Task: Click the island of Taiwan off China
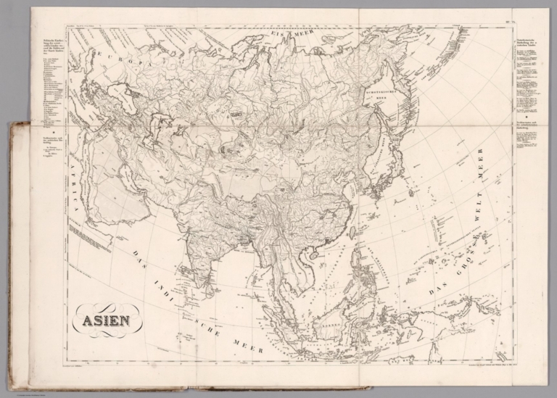click(352, 233)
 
